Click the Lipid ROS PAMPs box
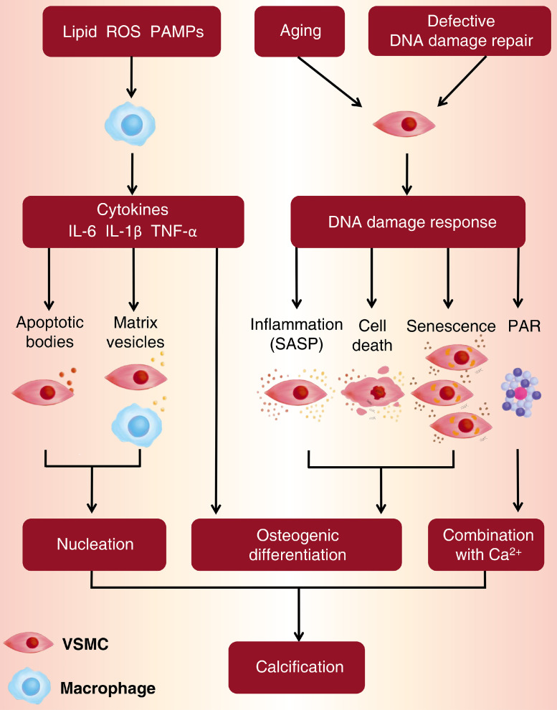[131, 31]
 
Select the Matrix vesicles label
[135, 332]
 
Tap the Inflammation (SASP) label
[297, 334]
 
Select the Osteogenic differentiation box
[297, 545]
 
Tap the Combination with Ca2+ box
[488, 545]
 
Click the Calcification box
[297, 667]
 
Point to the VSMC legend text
[85, 643]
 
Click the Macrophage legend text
[108, 689]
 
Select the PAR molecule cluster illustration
[519, 394]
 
